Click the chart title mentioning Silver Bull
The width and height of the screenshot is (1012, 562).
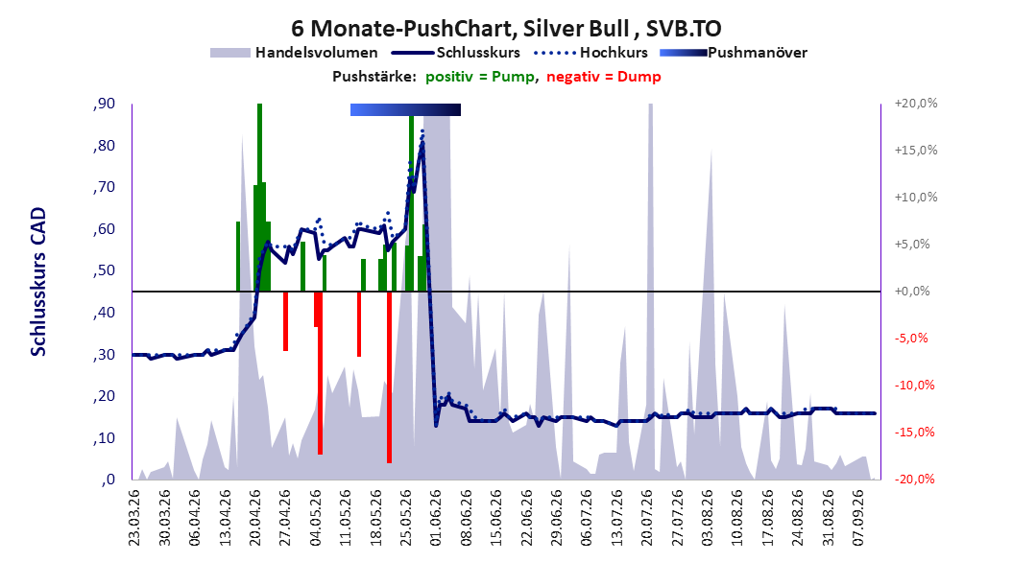click(506, 29)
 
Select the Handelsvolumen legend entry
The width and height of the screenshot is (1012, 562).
click(294, 53)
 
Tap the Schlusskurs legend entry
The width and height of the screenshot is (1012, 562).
click(455, 53)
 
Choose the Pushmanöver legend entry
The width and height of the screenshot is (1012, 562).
click(734, 53)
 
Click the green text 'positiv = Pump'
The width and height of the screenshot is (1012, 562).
click(479, 77)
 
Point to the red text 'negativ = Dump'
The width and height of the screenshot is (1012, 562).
click(604, 77)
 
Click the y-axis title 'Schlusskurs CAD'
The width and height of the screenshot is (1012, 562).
click(38, 282)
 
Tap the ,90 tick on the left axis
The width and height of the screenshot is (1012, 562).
click(104, 104)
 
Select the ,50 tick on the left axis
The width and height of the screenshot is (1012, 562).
click(104, 270)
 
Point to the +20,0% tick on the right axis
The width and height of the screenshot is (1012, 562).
click(916, 104)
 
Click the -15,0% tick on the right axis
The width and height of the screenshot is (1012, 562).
click(914, 432)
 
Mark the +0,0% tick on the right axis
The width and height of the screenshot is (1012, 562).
click(912, 292)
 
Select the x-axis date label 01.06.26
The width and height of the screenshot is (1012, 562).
click(436, 518)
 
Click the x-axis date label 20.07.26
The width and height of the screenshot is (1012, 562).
click(647, 518)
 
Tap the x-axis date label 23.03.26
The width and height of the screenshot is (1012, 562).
click(133, 518)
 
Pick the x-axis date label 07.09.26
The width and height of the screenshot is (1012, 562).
click(857, 518)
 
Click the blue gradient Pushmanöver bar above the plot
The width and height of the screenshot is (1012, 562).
click(405, 109)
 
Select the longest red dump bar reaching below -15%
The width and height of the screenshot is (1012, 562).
click(389, 377)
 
